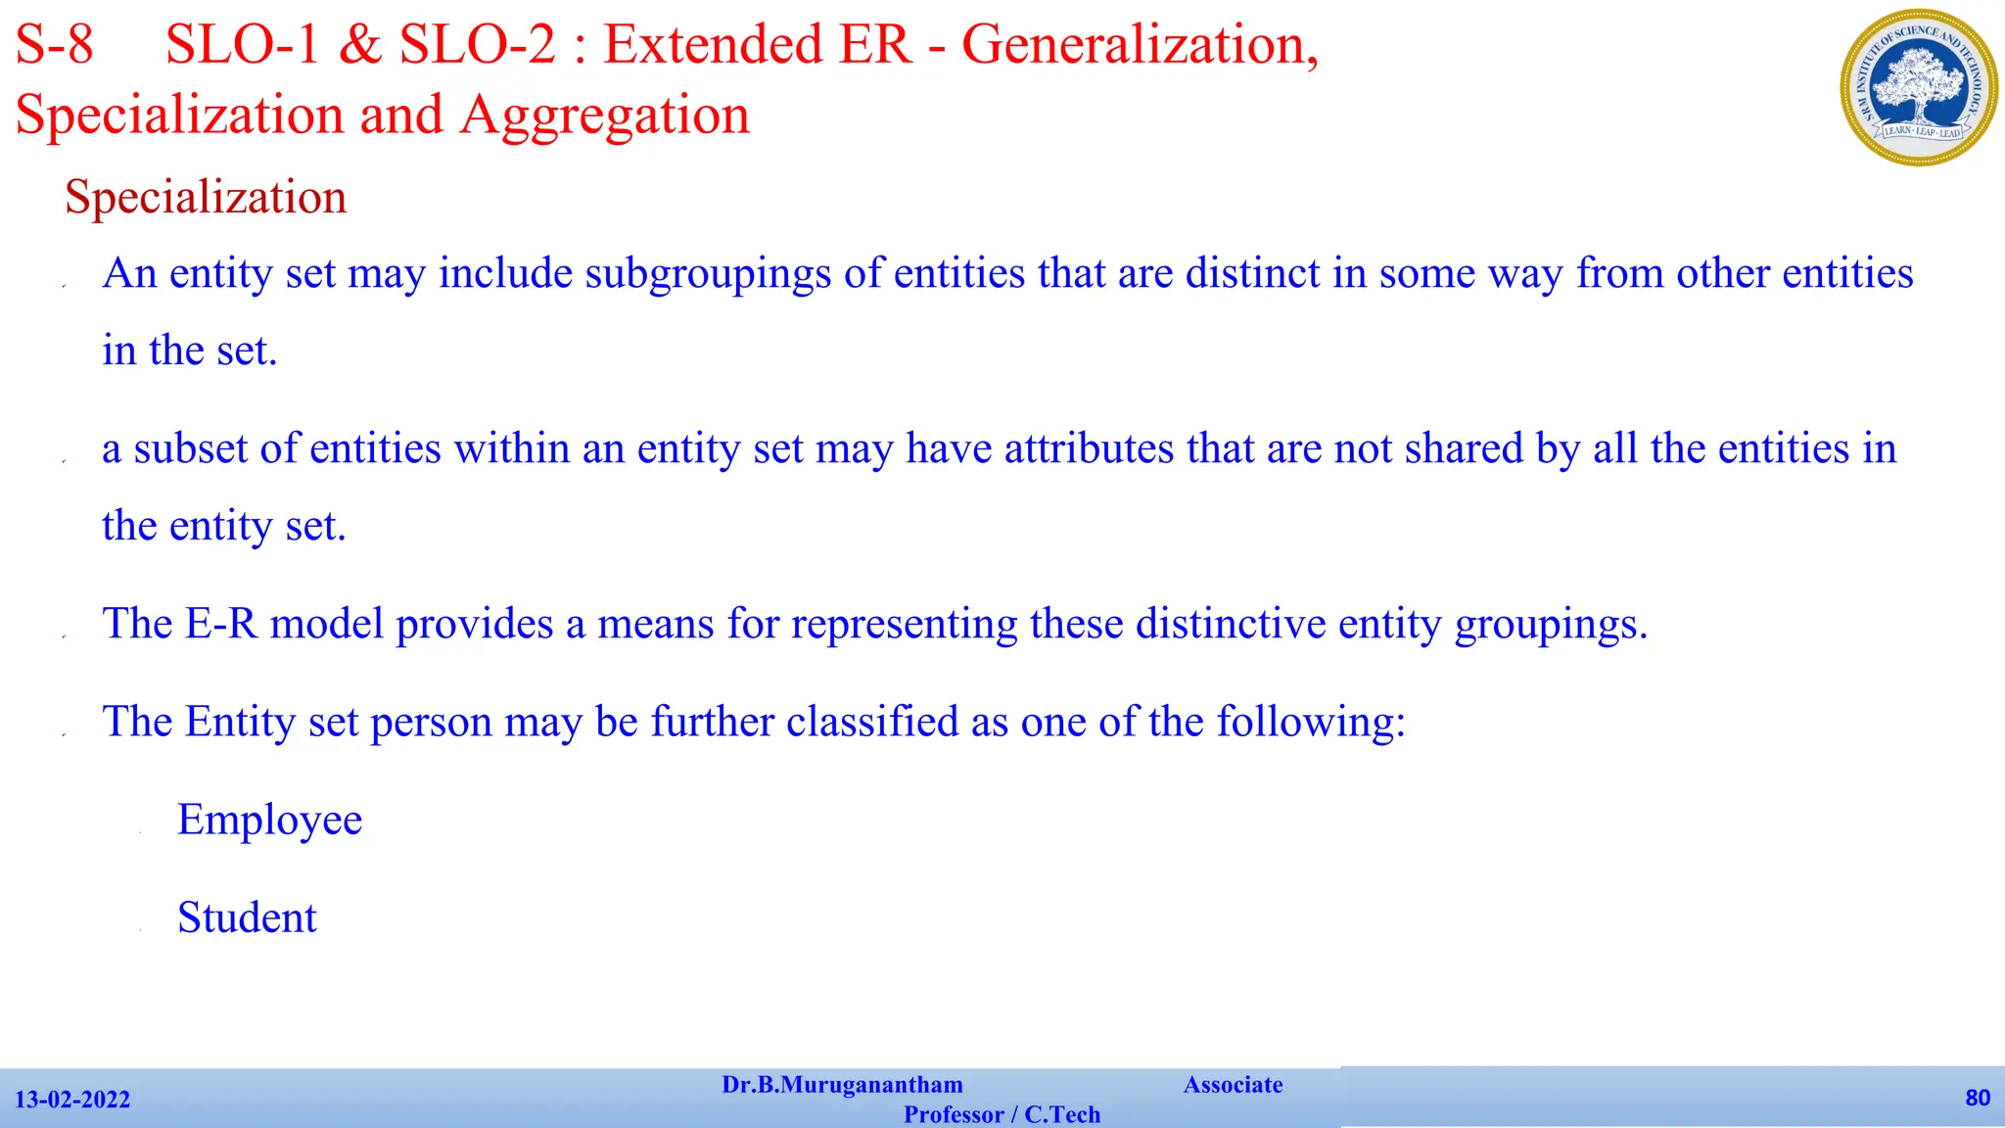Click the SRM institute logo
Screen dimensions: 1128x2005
click(1919, 86)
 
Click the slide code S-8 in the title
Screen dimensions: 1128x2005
click(55, 45)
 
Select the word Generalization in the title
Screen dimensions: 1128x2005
click(1140, 45)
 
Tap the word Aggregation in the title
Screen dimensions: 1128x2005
click(605, 116)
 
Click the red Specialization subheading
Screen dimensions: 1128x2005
click(206, 198)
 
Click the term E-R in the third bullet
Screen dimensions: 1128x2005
click(221, 624)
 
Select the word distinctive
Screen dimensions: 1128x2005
click(1231, 624)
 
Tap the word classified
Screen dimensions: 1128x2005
click(872, 722)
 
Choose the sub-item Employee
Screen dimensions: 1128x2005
click(269, 821)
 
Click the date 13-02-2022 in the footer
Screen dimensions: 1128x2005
click(72, 1100)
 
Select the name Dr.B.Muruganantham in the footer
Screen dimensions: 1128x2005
click(842, 1085)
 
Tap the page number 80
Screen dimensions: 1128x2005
click(1978, 1098)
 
